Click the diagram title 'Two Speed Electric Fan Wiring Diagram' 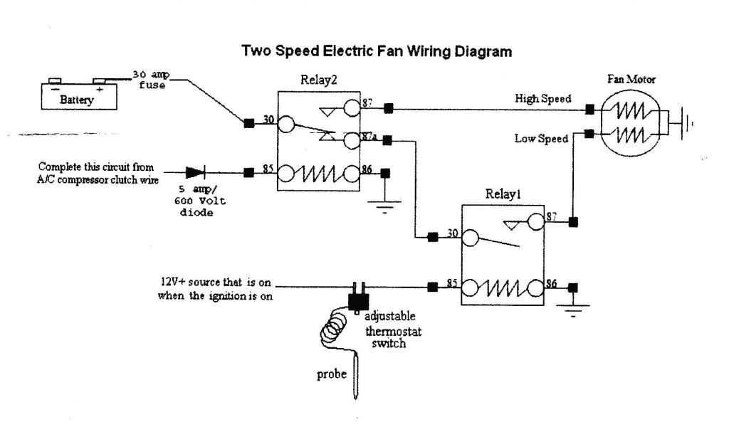[377, 51]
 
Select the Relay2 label [319, 81]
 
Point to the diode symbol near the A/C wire [194, 172]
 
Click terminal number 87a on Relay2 [369, 135]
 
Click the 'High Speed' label [543, 99]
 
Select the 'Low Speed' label [542, 138]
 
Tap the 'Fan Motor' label [631, 79]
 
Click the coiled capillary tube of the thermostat [332, 329]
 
